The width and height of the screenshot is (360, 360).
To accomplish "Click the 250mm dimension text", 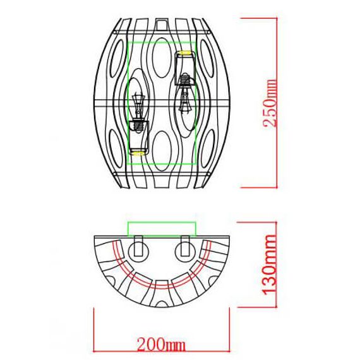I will coord(271,103).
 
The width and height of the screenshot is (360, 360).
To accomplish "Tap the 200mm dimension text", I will coord(161,344).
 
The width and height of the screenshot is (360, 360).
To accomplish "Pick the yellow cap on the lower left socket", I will coord(138,152).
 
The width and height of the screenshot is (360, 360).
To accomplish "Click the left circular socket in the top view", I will coord(138,251).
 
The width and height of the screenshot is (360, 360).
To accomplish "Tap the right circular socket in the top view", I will coord(185,251).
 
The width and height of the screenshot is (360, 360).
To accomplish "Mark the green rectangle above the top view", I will coord(162,229).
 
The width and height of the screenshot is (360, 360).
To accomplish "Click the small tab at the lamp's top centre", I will coord(162,23).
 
